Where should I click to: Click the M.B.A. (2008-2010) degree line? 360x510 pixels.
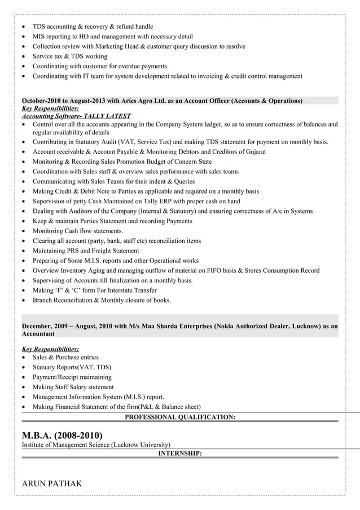(62, 435)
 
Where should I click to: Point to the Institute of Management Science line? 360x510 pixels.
(96, 444)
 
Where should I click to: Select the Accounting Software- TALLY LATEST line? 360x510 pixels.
(76, 116)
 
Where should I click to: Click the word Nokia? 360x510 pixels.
(218, 326)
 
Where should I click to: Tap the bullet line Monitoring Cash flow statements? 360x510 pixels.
(78, 231)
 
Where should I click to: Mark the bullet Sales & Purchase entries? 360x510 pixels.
(65, 357)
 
